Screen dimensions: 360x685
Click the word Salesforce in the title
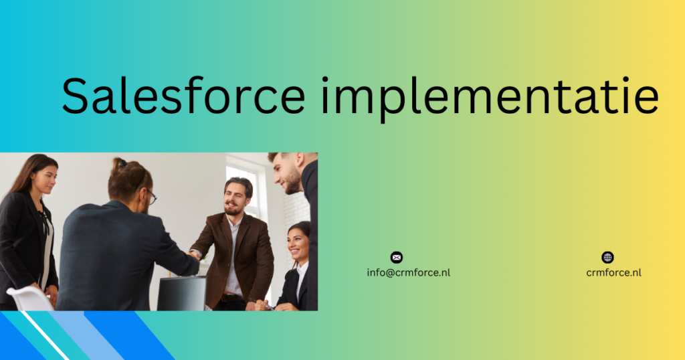tap(183, 96)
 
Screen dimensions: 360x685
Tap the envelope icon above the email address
tap(397, 258)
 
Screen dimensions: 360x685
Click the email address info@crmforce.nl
tap(408, 272)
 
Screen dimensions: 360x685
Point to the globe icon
tap(607, 258)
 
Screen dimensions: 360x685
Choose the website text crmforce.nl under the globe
tap(613, 272)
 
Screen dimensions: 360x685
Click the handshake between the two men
tap(195, 254)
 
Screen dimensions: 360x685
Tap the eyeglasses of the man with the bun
tap(151, 196)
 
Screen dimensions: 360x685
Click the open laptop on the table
tap(181, 294)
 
